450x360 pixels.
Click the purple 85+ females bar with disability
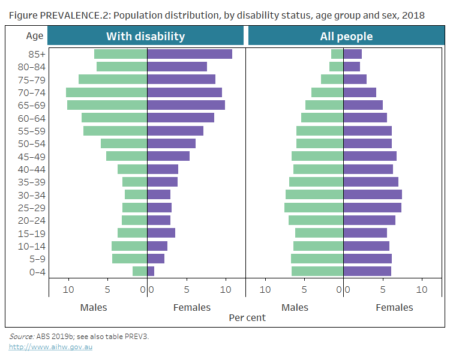[x=189, y=54]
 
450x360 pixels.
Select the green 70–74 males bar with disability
[x=106, y=92]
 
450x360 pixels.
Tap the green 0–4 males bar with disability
[x=140, y=271]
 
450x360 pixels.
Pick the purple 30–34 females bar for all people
[x=372, y=194]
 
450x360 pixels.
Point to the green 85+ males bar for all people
[x=337, y=54]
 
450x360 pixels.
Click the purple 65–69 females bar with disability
[x=185, y=105]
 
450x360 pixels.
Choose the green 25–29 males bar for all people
[x=314, y=207]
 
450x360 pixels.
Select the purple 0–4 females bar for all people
[x=367, y=271]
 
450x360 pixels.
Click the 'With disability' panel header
[x=145, y=36]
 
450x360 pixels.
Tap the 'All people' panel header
[x=346, y=36]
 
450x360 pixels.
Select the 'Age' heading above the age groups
[x=35, y=35]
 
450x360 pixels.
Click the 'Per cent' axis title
[x=247, y=317]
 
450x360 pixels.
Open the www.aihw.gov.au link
[x=50, y=347]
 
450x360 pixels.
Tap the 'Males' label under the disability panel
[x=94, y=307]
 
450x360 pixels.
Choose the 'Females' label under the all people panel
[x=394, y=307]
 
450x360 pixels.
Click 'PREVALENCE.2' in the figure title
[x=73, y=15]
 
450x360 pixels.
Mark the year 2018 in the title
[x=413, y=15]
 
